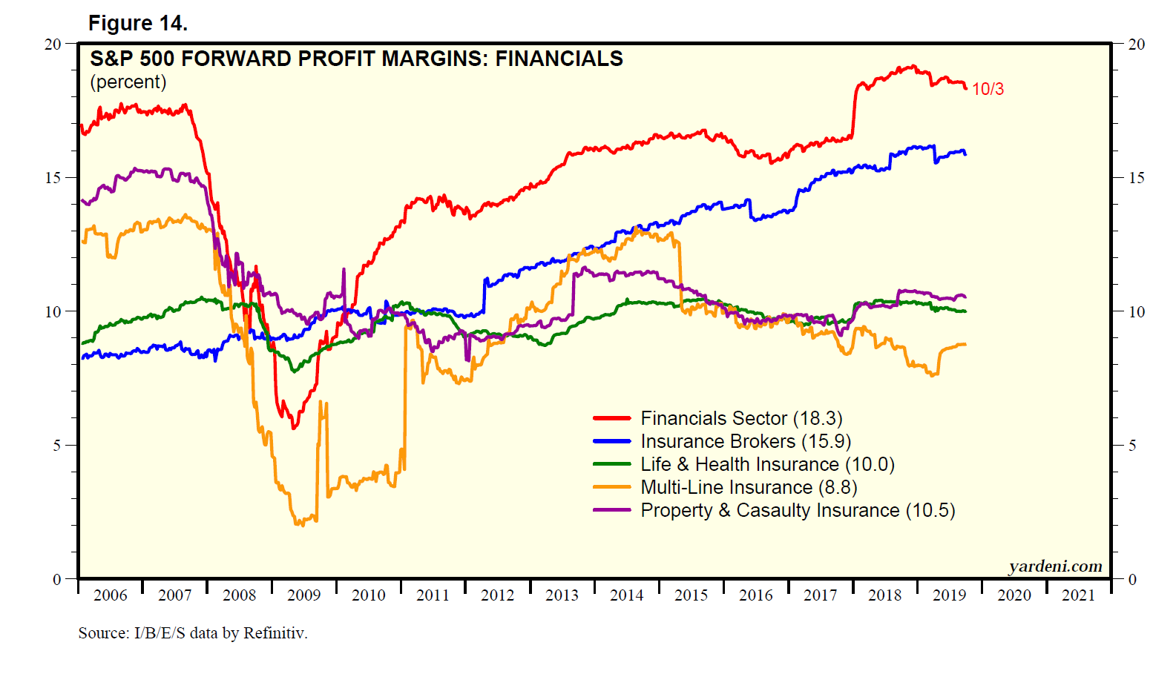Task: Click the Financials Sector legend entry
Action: click(x=741, y=419)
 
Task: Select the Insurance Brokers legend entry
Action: click(x=746, y=442)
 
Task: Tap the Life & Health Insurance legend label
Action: click(x=767, y=465)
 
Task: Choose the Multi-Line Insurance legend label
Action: click(x=749, y=488)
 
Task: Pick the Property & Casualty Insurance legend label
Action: click(x=798, y=511)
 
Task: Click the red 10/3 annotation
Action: click(x=988, y=90)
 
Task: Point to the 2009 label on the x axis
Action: click(x=303, y=595)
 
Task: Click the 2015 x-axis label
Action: click(x=691, y=595)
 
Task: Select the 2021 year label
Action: click(x=1078, y=595)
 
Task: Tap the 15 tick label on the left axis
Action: click(x=53, y=178)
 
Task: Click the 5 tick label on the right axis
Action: click(x=1132, y=446)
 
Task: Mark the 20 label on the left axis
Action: click(x=53, y=44)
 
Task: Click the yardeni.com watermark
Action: click(x=1055, y=566)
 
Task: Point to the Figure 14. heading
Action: click(x=138, y=24)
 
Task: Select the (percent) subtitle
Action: click(x=128, y=82)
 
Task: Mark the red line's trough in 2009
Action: click(x=294, y=428)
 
